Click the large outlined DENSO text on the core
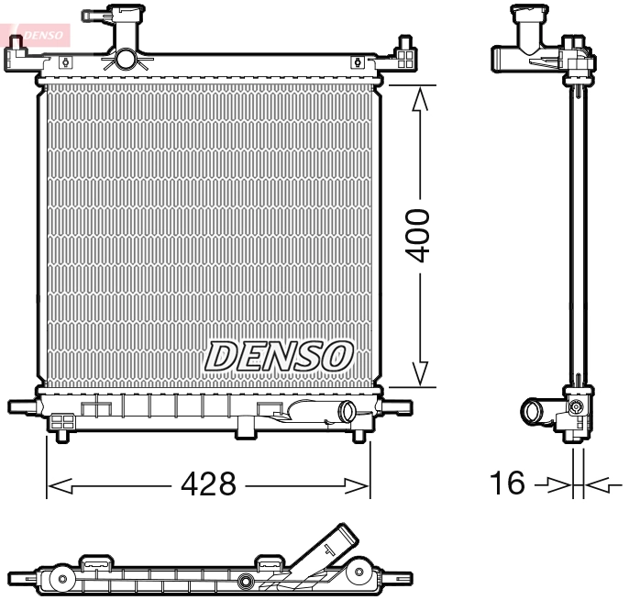(x=280, y=356)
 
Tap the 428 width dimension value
(x=209, y=483)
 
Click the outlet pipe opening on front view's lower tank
(x=347, y=412)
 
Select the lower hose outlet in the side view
(x=532, y=413)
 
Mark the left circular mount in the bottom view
(x=61, y=579)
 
